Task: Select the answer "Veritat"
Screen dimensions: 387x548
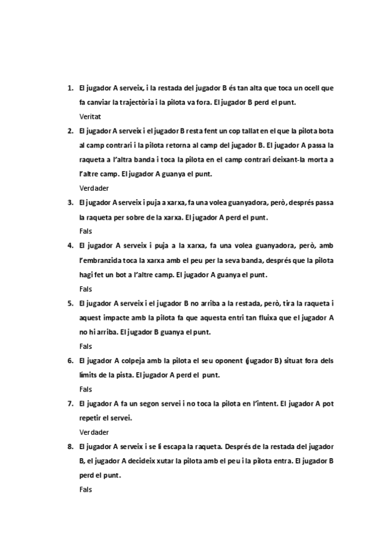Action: (x=90, y=117)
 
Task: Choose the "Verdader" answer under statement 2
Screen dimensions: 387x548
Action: (x=94, y=188)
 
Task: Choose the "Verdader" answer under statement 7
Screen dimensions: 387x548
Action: (x=94, y=432)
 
